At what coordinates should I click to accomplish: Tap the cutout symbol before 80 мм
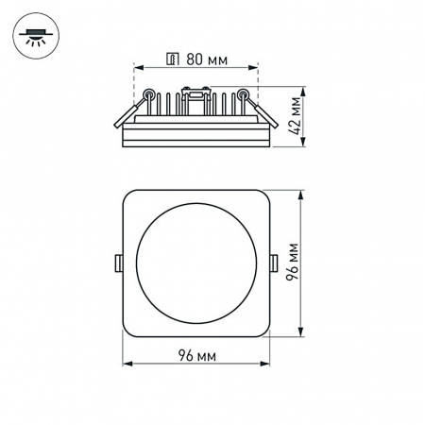pyautogui.click(x=171, y=59)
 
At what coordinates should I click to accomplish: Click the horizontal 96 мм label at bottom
pyautogui.click(x=196, y=355)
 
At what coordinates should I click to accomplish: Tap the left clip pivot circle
pyautogui.click(x=148, y=93)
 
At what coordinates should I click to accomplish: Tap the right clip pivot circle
pyautogui.click(x=244, y=93)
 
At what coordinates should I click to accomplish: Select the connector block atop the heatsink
pyautogui.click(x=196, y=93)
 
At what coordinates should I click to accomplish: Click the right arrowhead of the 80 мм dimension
pyautogui.click(x=255, y=68)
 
